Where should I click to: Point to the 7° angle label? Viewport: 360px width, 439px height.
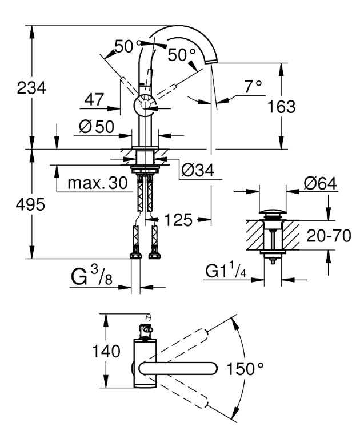point(252,87)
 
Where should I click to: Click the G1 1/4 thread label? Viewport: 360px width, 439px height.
point(225,271)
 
